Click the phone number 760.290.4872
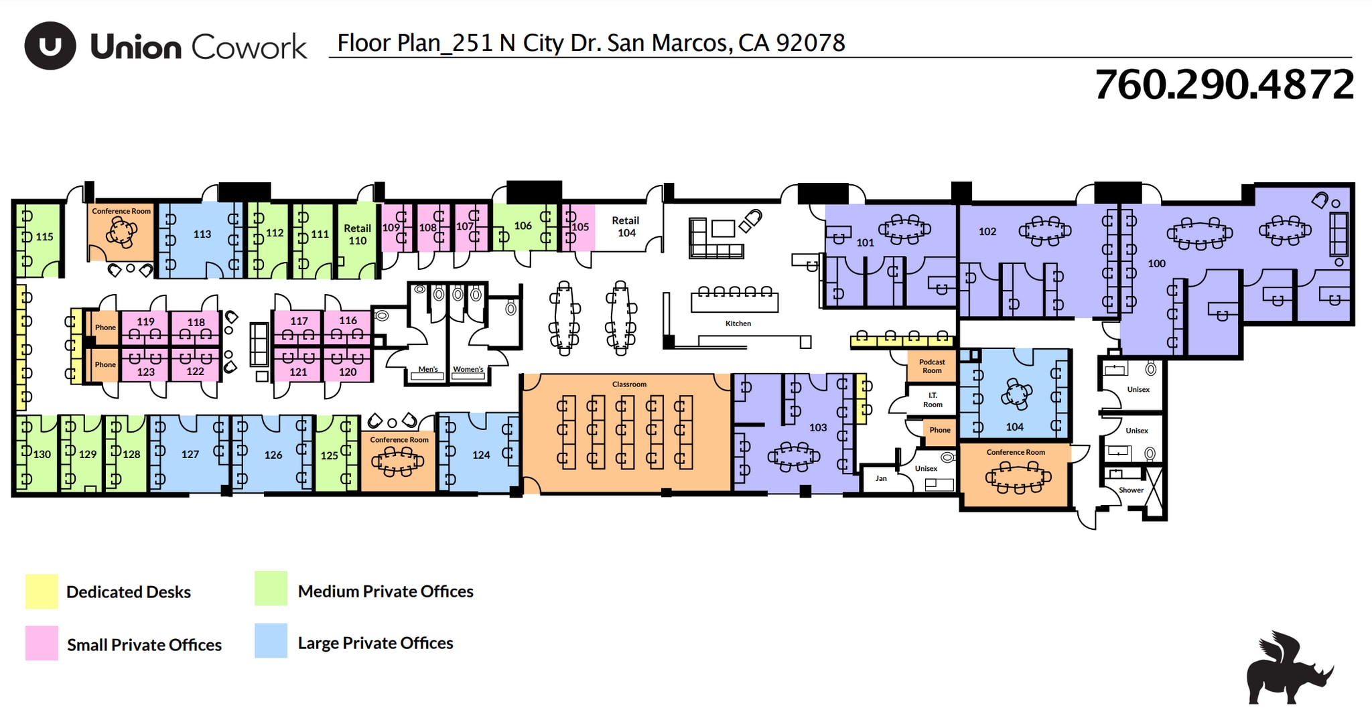pos(1223,85)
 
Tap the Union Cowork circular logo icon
pos(50,46)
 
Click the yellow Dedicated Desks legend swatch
pos(42,591)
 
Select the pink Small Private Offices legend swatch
pos(42,643)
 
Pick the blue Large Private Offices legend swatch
pos(271,641)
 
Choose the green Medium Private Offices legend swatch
pos(271,589)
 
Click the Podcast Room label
pos(932,366)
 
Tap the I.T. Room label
pos(933,400)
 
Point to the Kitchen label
pos(738,323)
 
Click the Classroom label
pos(629,384)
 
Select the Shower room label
pos(1131,490)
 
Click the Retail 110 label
pos(357,234)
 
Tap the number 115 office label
pos(44,236)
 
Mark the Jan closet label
pos(881,478)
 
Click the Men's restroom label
pos(427,369)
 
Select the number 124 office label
pos(481,455)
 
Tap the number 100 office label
pos(1156,264)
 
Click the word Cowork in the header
pos(249,47)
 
